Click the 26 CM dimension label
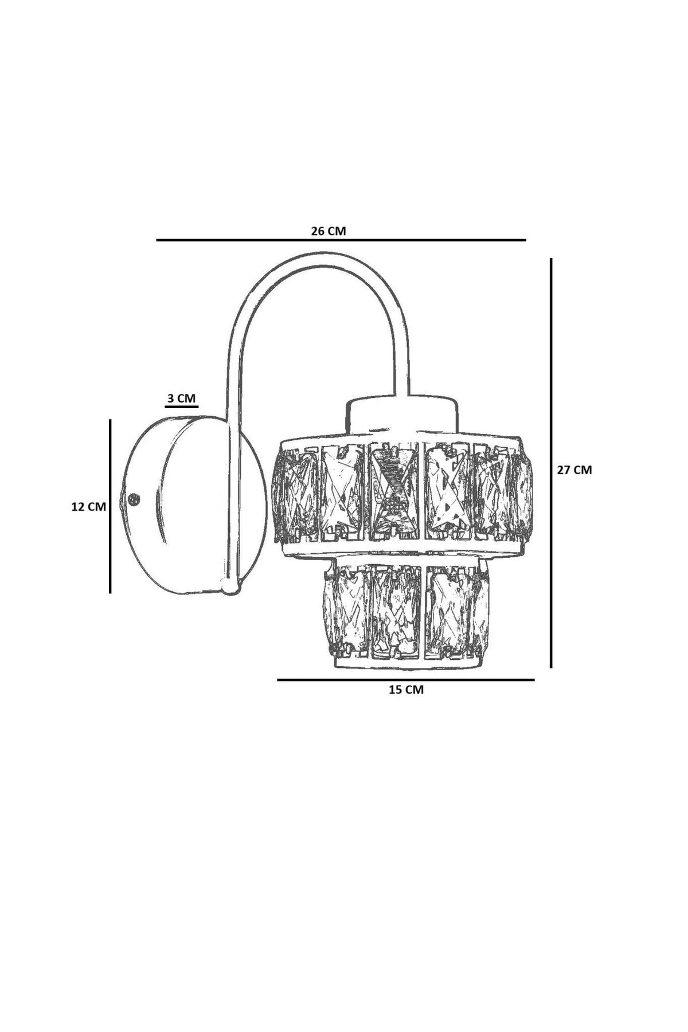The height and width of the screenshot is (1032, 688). [x=329, y=231]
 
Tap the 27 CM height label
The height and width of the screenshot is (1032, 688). [x=574, y=470]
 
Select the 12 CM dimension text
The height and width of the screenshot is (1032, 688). [x=89, y=507]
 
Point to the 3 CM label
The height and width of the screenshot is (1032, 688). [x=181, y=397]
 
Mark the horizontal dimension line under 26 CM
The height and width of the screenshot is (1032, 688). [x=341, y=240]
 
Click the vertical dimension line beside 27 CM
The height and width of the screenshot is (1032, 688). [x=551, y=463]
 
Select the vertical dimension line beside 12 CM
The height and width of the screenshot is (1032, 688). [x=110, y=505]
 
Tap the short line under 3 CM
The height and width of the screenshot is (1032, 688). [x=181, y=407]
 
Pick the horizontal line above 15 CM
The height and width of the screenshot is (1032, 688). [x=406, y=680]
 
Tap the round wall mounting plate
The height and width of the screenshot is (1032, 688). [x=195, y=505]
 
